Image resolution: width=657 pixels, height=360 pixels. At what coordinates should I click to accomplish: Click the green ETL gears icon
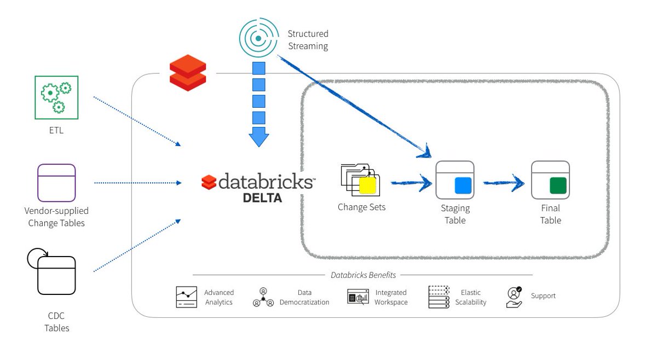pyautogui.click(x=56, y=98)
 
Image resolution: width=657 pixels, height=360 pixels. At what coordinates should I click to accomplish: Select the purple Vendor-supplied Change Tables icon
pyautogui.click(x=56, y=183)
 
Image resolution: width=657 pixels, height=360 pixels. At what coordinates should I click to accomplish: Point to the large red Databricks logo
pyautogui.click(x=187, y=72)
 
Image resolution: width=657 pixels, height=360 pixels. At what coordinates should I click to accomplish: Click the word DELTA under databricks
pyautogui.click(x=262, y=198)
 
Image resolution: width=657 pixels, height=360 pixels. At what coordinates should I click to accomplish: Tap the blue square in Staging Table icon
pyautogui.click(x=463, y=186)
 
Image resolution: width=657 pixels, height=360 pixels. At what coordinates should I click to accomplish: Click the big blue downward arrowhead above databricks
pyautogui.click(x=259, y=137)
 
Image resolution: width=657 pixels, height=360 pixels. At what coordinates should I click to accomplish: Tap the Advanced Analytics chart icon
pyautogui.click(x=186, y=297)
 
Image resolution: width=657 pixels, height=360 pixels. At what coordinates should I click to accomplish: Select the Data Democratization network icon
pyautogui.click(x=263, y=297)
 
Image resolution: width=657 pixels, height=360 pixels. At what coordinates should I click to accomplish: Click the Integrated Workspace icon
pyautogui.click(x=358, y=297)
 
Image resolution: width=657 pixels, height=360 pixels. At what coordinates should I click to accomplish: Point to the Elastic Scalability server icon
pyautogui.click(x=439, y=297)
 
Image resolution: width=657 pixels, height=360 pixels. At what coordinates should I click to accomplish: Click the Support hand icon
pyautogui.click(x=514, y=297)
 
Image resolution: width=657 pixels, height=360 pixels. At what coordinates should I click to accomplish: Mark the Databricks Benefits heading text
pyautogui.click(x=363, y=275)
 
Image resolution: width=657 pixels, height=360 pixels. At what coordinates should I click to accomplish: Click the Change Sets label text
pyautogui.click(x=361, y=207)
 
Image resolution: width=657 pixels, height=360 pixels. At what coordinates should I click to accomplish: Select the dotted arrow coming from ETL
pyautogui.click(x=137, y=121)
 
